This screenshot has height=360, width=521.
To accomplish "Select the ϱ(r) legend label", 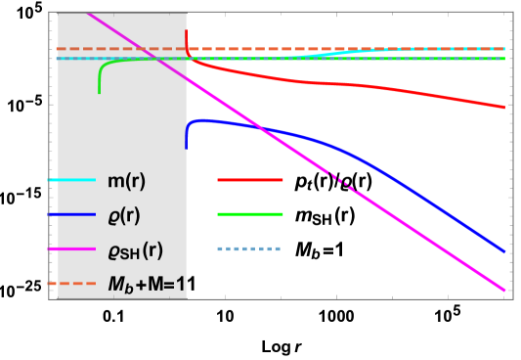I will pyautogui.click(x=123, y=217).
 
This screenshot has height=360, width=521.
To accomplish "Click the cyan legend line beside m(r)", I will pyautogui.click(x=71, y=181).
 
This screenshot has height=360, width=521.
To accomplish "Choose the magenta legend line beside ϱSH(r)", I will pyautogui.click(x=71, y=249).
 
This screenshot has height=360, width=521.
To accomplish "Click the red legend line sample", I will pyautogui.click(x=249, y=180).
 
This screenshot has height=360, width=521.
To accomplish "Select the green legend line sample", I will pyautogui.click(x=249, y=214).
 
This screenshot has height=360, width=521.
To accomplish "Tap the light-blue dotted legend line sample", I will pyautogui.click(x=249, y=248).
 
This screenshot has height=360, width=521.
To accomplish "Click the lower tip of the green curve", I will pyautogui.click(x=100, y=92).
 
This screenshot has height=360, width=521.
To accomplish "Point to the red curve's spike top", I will pyautogui.click(x=187, y=30).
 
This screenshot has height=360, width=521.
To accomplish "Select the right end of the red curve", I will pyautogui.click(x=504, y=108).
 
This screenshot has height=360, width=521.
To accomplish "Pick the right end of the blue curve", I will pyautogui.click(x=504, y=252).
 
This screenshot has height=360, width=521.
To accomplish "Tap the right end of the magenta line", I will pyautogui.click(x=504, y=291).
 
